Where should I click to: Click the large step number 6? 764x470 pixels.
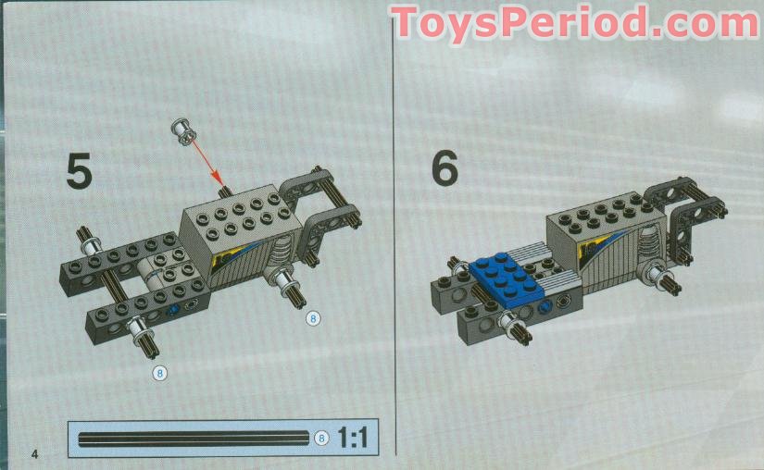click(x=445, y=169)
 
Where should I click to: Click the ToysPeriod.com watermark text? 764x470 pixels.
click(x=575, y=23)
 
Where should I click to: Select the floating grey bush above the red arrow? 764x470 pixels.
click(x=182, y=131)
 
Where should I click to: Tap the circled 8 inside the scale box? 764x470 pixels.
click(x=321, y=439)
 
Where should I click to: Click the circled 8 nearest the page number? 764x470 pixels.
click(x=160, y=373)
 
